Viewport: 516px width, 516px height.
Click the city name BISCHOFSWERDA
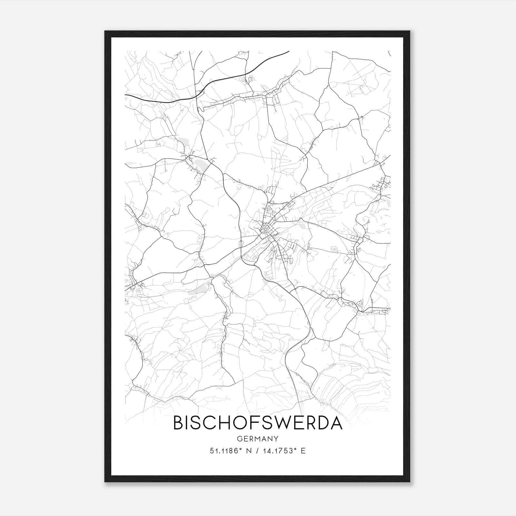[x=258, y=423]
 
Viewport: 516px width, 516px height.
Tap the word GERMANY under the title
[x=258, y=439]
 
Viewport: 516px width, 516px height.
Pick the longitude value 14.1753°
[x=279, y=451]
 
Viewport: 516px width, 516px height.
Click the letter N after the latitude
[x=249, y=451]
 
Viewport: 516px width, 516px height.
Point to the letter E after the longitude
[x=303, y=451]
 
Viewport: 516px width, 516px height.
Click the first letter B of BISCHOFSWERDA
[x=178, y=423]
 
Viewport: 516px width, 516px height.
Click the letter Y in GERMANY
[x=275, y=439]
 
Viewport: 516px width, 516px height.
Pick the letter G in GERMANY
[x=239, y=439]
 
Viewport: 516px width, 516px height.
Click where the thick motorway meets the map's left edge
[x=125, y=95]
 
